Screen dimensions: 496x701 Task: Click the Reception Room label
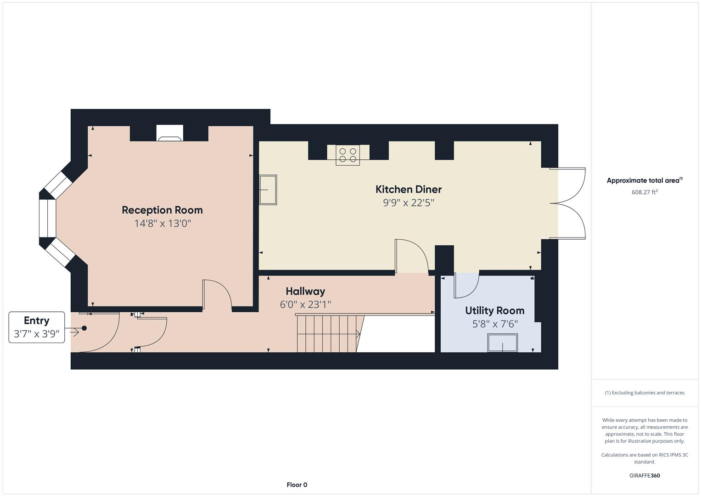point(162,210)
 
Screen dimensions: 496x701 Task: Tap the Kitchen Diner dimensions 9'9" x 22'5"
point(408,203)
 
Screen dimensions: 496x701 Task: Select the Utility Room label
point(494,310)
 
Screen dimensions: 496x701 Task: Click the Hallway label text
point(305,291)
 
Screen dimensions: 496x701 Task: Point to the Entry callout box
point(37,327)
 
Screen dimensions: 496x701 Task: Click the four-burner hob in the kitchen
point(348,155)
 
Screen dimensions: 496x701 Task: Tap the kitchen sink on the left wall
point(268,190)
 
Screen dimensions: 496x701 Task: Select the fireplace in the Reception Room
point(170,133)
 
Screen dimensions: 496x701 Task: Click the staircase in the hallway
point(328,333)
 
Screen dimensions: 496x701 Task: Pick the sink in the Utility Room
point(503,343)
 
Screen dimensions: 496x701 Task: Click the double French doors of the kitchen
point(569,203)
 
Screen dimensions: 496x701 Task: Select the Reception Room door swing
point(217,294)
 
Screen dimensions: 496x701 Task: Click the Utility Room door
point(466,285)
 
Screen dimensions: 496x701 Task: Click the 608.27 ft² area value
point(644,192)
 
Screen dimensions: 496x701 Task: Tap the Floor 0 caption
point(297,485)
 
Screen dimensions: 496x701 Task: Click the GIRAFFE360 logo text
point(644,475)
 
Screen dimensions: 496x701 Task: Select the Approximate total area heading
point(644,180)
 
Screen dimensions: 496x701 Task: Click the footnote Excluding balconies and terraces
point(644,393)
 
